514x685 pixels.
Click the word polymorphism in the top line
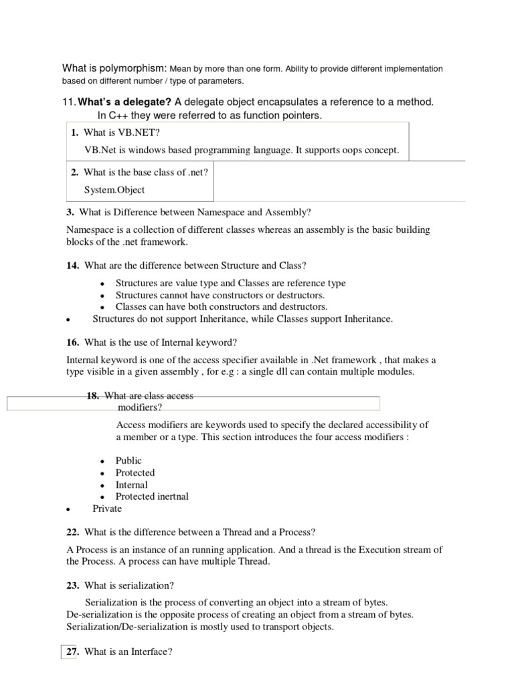(x=136, y=68)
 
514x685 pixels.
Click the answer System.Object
(x=114, y=190)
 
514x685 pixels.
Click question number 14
(x=73, y=266)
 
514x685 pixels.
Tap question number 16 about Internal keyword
(x=73, y=342)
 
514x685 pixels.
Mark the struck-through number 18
(x=93, y=395)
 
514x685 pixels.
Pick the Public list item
(x=128, y=460)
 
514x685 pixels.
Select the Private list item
(x=107, y=508)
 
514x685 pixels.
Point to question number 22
(x=73, y=532)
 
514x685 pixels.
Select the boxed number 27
(x=70, y=650)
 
